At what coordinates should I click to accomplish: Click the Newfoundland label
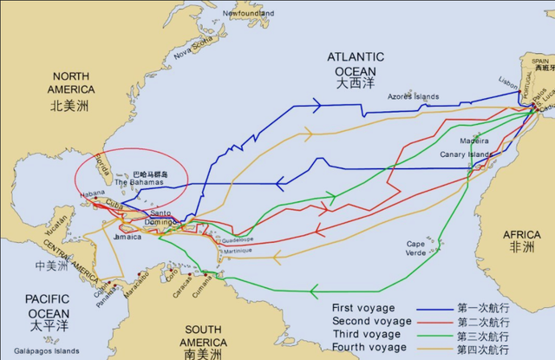[x=248, y=14]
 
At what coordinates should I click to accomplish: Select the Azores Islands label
[x=415, y=96]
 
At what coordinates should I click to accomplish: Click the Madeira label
[x=473, y=140]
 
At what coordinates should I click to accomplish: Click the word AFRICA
[x=523, y=232]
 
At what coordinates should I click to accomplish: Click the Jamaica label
[x=127, y=236]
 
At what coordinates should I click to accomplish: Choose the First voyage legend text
[x=363, y=308]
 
